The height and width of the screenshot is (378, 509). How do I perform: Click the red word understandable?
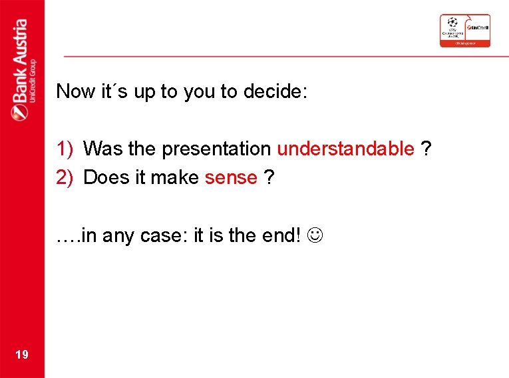345,149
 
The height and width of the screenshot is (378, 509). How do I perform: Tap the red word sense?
231,177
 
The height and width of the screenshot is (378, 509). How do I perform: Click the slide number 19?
21,354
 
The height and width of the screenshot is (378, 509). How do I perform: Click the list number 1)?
65,149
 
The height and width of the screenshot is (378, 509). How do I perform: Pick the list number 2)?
65,177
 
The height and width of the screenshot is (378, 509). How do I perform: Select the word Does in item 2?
104,177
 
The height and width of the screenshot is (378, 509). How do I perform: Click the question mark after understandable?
426,149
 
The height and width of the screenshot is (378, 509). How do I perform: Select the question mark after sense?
269,177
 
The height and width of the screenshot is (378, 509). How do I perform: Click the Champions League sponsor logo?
464,30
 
